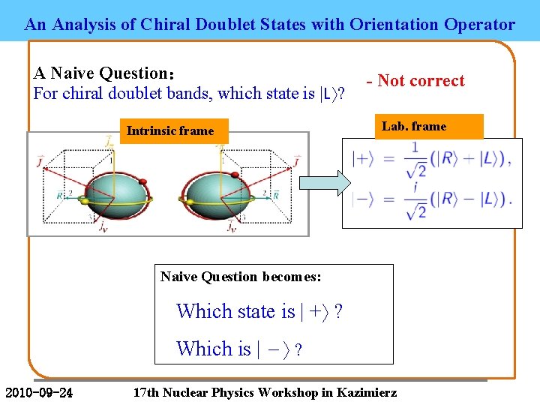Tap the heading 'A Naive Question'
[x=103, y=73]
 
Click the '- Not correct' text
[x=415, y=81]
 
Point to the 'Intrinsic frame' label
[x=170, y=131]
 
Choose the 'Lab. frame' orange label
[x=414, y=126]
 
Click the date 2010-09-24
[x=39, y=392]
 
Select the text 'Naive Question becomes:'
[x=241, y=277]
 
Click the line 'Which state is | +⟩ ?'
[x=259, y=310]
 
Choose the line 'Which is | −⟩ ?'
[x=239, y=349]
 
